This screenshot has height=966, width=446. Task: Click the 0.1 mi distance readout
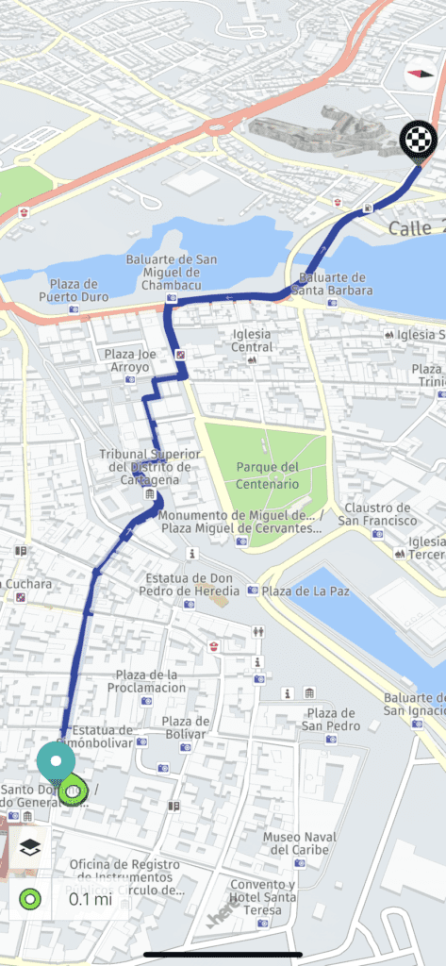pyautogui.click(x=91, y=898)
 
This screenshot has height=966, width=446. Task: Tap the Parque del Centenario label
pyautogui.click(x=268, y=475)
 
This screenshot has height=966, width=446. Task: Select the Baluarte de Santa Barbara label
pyautogui.click(x=331, y=284)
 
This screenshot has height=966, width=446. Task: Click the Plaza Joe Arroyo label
pyautogui.click(x=129, y=360)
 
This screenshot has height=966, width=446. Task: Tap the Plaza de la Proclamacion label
pyautogui.click(x=151, y=681)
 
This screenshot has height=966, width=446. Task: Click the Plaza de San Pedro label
pyautogui.click(x=333, y=719)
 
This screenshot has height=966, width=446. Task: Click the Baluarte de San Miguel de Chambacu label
pyautogui.click(x=172, y=272)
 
